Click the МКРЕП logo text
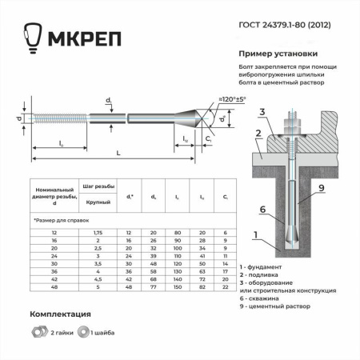coord(72,40)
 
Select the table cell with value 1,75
coord(98,231)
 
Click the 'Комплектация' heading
coord(60,314)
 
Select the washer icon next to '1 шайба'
coord(82,330)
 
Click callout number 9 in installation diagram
coord(321,188)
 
